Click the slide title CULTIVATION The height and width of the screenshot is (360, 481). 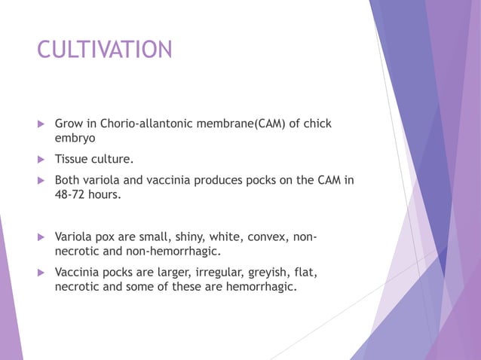click(x=105, y=50)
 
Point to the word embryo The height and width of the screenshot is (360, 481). click(x=75, y=139)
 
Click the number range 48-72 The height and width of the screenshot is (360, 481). click(x=72, y=195)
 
